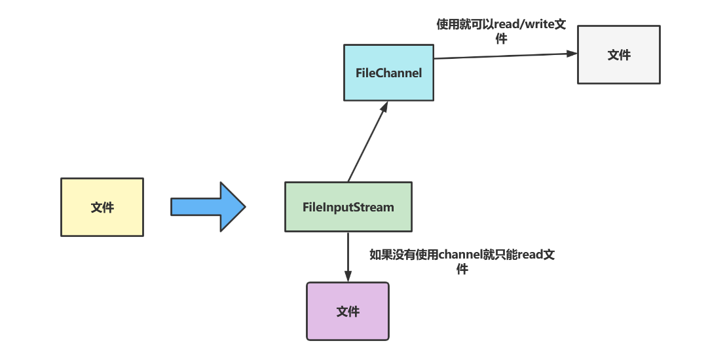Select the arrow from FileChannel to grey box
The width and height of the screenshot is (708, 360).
point(504,56)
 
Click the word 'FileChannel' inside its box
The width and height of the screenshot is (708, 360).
point(389,73)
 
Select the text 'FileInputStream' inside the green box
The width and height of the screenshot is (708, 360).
point(348,207)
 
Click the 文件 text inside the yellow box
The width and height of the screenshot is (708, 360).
point(102,207)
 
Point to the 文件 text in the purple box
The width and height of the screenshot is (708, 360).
point(348,312)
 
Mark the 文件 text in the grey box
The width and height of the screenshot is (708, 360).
point(619,55)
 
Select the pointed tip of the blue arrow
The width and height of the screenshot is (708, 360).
point(243,207)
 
